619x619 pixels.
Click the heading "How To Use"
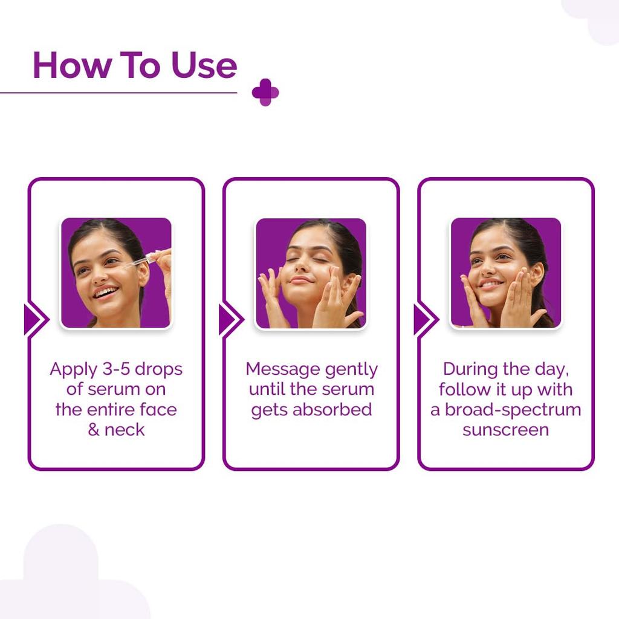[134, 65]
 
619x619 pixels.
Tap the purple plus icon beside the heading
[265, 92]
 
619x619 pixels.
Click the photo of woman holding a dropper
[116, 273]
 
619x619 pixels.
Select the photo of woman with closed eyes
[311, 273]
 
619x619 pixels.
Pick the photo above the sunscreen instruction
[505, 273]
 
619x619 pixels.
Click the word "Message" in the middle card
[282, 369]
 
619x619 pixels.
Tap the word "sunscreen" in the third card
[505, 430]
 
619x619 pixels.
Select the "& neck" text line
[116, 430]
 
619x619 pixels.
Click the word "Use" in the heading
[204, 65]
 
